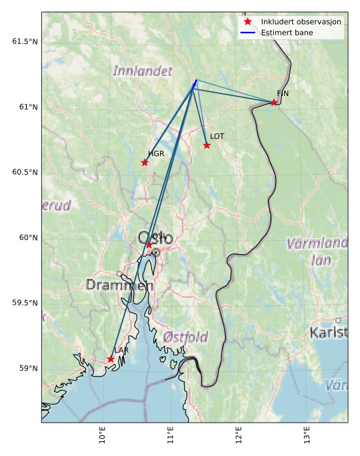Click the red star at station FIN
pyautogui.click(x=274, y=102)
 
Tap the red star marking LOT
pyautogui.click(x=207, y=145)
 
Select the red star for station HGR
pyautogui.click(x=145, y=163)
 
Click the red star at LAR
pyautogui.click(x=111, y=359)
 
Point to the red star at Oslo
pyautogui.click(x=149, y=245)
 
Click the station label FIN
pyautogui.click(x=283, y=94)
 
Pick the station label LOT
pyautogui.click(x=217, y=136)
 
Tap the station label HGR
pyautogui.click(x=156, y=154)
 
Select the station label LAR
pyautogui.click(x=121, y=350)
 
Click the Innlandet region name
pyautogui.click(x=143, y=71)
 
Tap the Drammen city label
pyautogui.click(x=119, y=285)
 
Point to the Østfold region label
pyautogui.click(x=185, y=337)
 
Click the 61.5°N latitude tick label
pyautogui.click(x=25, y=41)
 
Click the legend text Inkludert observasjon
pyautogui.click(x=301, y=22)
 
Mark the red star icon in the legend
pyautogui.click(x=247, y=22)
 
